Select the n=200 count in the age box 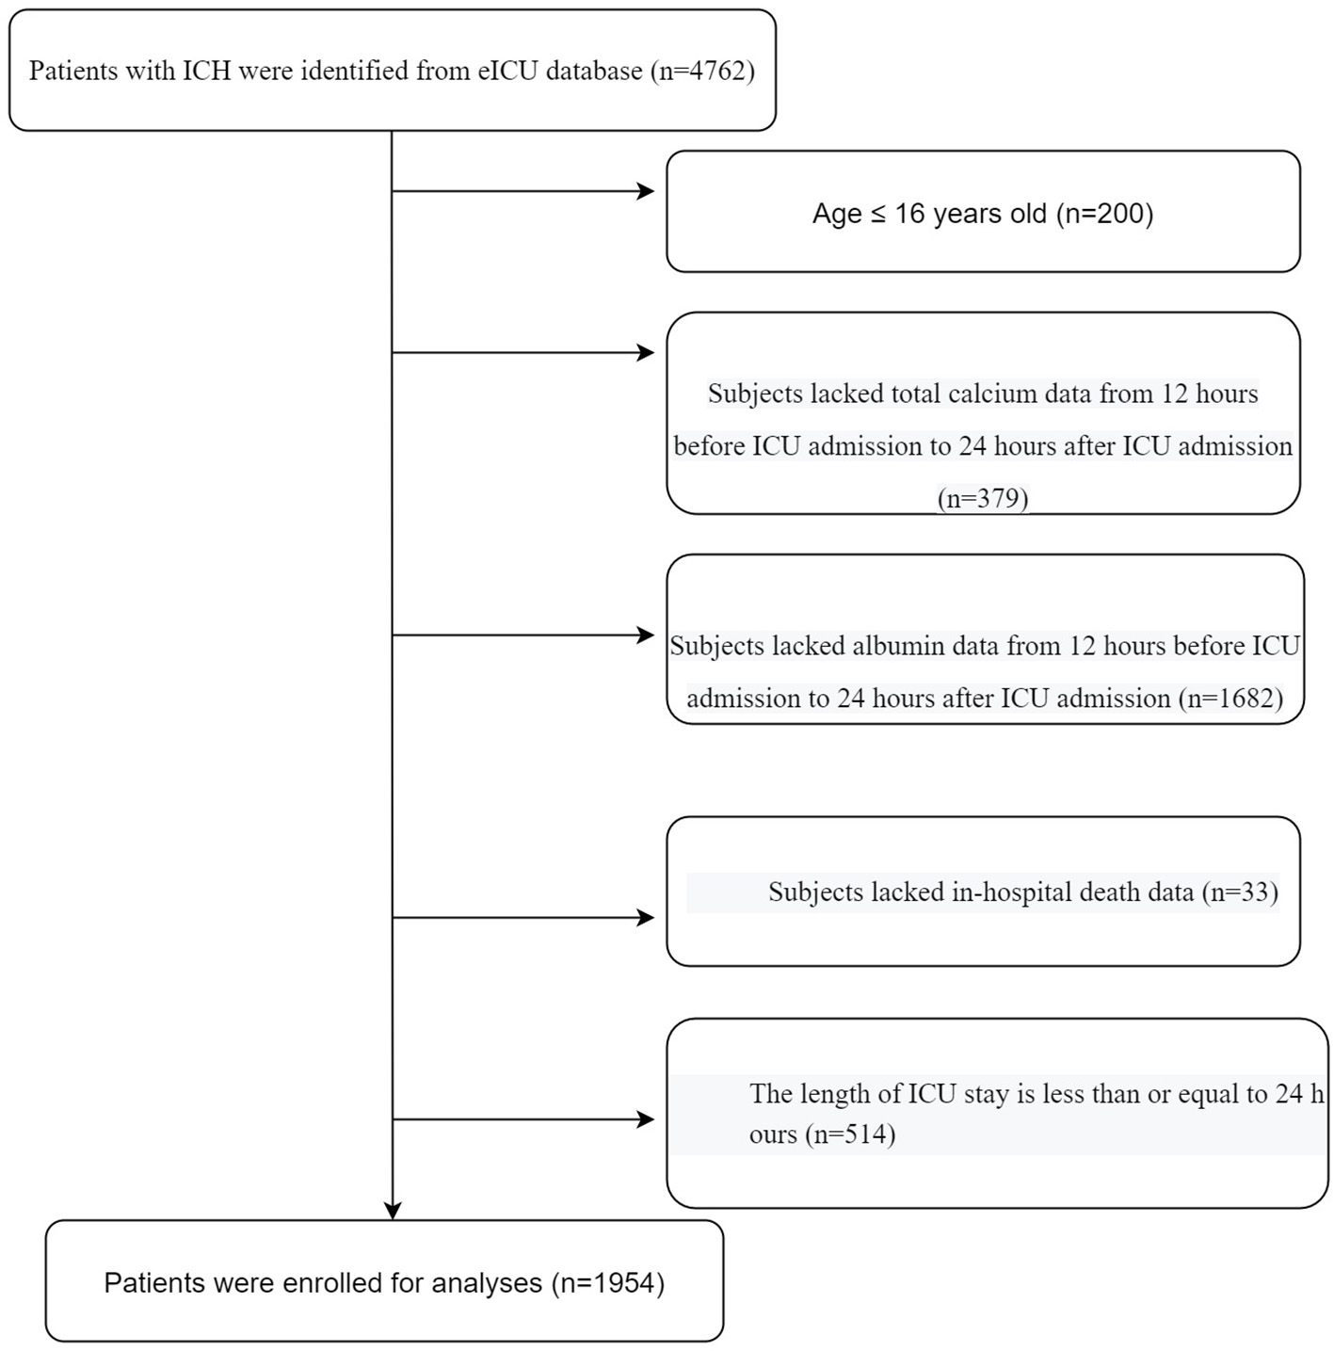[x=1104, y=214]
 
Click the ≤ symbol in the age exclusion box [x=876, y=214]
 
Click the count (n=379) [x=983, y=497]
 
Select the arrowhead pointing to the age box [x=646, y=191]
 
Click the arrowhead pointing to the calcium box [x=646, y=353]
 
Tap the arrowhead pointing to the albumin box [x=646, y=635]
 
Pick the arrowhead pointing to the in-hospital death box [x=646, y=918]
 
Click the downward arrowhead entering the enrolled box [x=393, y=1211]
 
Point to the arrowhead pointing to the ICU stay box [x=646, y=1119]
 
